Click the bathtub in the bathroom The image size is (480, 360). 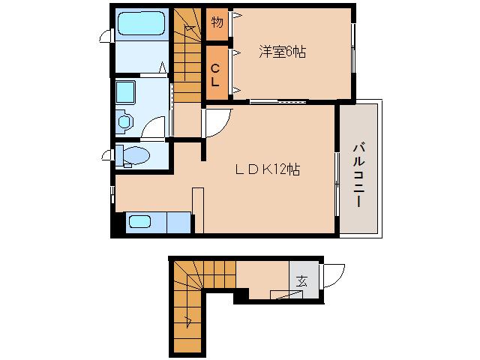click(141, 23)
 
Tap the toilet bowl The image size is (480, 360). click(136, 155)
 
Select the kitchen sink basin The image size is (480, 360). click(139, 222)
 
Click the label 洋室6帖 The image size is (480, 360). click(282, 52)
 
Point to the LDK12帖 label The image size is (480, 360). click(267, 169)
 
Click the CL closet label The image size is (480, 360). click(215, 75)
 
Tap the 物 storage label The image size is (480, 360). click(217, 22)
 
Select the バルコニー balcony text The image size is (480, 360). click(358, 175)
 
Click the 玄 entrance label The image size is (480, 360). click(301, 281)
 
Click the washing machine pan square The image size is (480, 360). click(125, 91)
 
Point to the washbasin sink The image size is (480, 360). click(124, 122)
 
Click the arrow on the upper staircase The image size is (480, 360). click(189, 30)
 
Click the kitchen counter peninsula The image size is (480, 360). click(198, 210)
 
